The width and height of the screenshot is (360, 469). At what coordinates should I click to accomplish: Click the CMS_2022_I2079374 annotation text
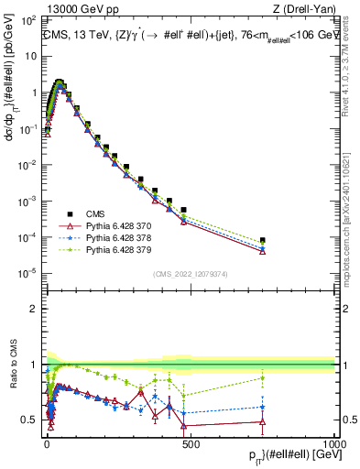coord(191,272)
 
